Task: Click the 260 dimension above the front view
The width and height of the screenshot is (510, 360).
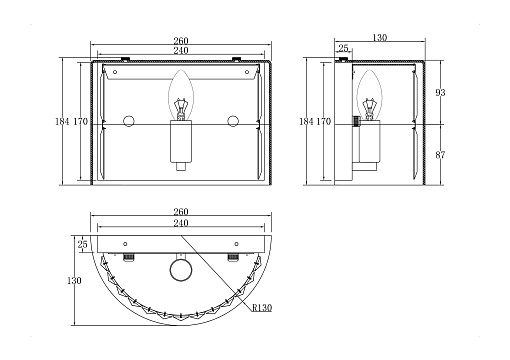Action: [x=181, y=41]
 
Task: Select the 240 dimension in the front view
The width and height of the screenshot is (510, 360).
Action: [x=181, y=50]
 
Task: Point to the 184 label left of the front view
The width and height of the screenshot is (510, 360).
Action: [x=62, y=122]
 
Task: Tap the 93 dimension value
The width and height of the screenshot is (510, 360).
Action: [x=440, y=93]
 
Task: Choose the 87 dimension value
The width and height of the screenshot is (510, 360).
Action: [x=440, y=155]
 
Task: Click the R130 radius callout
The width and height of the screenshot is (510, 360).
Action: [x=262, y=308]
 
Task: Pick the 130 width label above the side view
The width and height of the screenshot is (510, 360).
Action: [x=380, y=37]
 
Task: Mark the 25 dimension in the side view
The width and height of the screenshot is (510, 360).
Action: [x=343, y=48]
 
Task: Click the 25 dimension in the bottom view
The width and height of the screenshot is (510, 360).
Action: [x=82, y=244]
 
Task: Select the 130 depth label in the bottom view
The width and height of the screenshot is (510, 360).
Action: [x=74, y=281]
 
